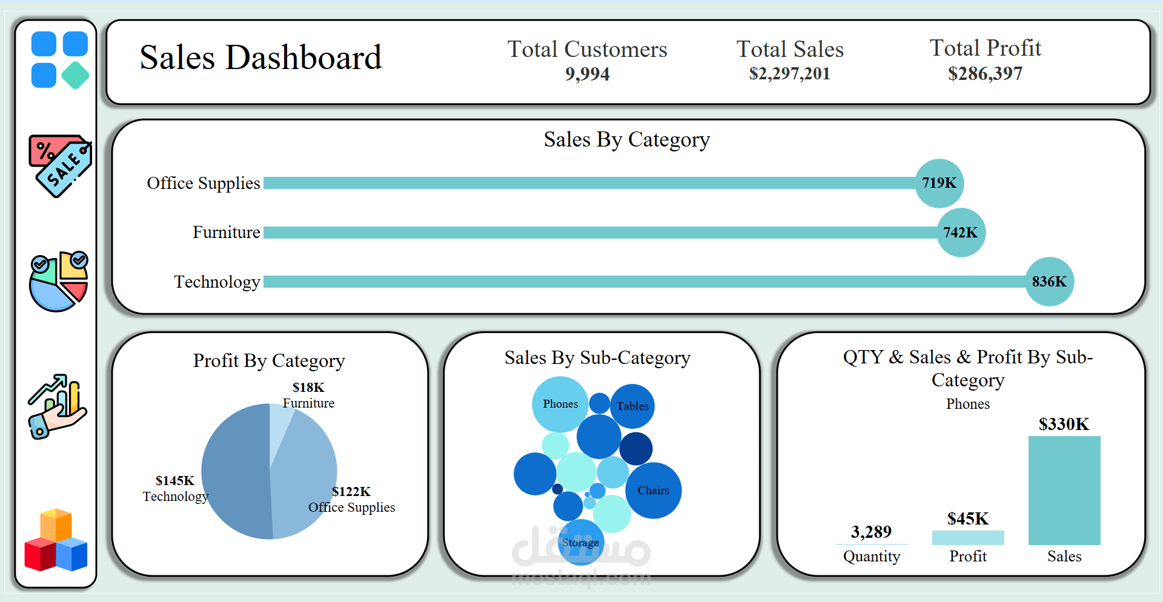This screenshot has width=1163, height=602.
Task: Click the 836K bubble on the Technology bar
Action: click(1049, 282)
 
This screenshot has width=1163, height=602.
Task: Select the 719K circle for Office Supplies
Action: click(939, 183)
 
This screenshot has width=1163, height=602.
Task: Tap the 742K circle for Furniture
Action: click(961, 233)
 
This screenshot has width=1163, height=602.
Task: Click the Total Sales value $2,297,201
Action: click(789, 74)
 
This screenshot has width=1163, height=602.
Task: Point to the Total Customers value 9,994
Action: click(587, 74)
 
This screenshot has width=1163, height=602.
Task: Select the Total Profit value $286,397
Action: click(985, 74)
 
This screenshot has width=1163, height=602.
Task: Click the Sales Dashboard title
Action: click(260, 58)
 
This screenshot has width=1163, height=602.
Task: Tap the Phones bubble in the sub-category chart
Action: click(560, 404)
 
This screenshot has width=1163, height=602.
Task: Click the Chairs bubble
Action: click(653, 491)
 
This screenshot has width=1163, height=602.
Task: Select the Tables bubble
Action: click(632, 406)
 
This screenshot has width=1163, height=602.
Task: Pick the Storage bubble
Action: click(580, 542)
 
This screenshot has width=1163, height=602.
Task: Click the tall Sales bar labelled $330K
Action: click(1064, 491)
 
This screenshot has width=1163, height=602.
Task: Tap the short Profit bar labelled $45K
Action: click(968, 538)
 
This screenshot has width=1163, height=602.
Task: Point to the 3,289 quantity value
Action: click(871, 532)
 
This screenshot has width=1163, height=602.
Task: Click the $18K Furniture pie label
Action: click(308, 395)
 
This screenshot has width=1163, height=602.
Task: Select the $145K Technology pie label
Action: click(175, 488)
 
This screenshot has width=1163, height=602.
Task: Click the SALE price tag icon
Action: click(60, 165)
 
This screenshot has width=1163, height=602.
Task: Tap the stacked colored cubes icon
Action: click(56, 540)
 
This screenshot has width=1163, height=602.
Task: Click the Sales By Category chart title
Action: click(626, 139)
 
